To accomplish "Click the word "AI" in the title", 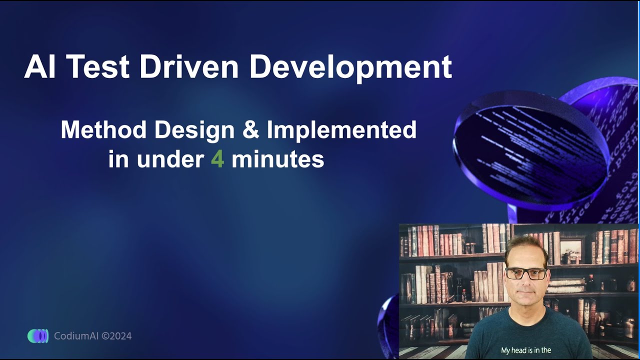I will (39, 67).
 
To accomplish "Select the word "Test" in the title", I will (98, 67).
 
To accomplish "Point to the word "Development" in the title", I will (350, 67).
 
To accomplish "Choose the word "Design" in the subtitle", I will (194, 130).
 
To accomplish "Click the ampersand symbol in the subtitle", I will (250, 130).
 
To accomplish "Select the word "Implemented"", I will (341, 130).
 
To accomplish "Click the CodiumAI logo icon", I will (38, 336).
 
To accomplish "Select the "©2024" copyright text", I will (116, 336).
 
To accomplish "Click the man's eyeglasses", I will (525, 273).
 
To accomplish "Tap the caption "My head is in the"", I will (526, 350).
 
